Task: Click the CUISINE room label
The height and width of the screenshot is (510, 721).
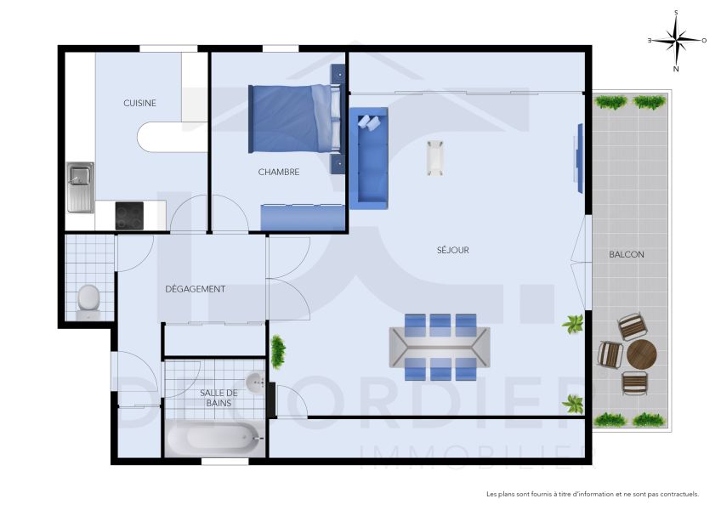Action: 139,103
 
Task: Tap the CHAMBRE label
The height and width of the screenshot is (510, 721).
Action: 279,172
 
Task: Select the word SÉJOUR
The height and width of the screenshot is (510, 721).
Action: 453,250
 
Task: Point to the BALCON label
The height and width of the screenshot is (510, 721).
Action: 627,255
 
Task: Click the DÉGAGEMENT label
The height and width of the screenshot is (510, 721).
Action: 195,289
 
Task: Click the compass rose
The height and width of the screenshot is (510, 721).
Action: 676,40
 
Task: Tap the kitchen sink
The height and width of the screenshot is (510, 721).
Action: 81,186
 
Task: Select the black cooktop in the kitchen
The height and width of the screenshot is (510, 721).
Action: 130,216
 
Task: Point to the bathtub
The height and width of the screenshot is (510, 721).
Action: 214,439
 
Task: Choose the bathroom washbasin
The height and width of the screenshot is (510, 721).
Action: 255,382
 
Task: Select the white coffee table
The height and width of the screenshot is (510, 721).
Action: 434,157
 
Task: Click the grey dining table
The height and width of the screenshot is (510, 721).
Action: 440,347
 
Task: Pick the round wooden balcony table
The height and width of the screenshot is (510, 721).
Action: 641,354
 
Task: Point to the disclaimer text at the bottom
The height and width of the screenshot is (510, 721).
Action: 593,494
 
